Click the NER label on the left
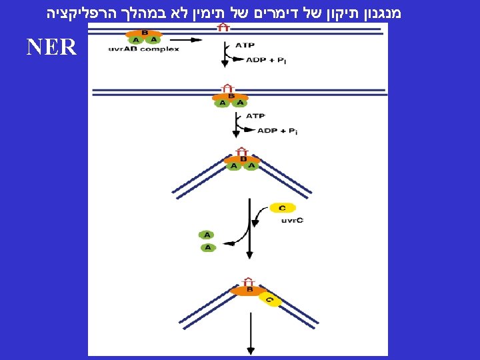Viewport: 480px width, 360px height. click(x=52, y=47)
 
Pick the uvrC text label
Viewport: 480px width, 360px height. click(x=292, y=221)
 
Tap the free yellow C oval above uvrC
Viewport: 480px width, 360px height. click(x=283, y=208)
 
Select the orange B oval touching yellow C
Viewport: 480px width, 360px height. click(x=249, y=291)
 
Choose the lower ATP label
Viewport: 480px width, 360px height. click(x=255, y=115)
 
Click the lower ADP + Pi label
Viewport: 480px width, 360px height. click(x=277, y=131)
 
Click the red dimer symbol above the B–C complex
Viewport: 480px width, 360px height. click(x=249, y=281)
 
